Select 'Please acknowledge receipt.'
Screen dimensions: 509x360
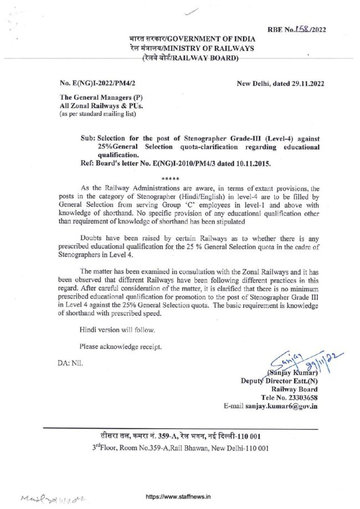coord(121,347)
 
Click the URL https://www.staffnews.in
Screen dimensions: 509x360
coord(178,497)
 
